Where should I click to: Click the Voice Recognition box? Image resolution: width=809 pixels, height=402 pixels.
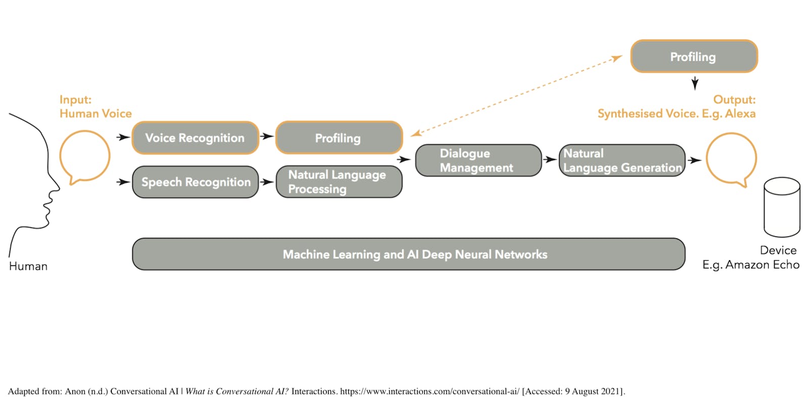point(195,138)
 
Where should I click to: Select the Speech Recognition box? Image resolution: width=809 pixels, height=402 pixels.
point(195,182)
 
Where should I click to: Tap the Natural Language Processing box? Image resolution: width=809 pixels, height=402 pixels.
point(339,182)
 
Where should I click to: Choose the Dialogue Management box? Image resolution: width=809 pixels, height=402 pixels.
point(478,160)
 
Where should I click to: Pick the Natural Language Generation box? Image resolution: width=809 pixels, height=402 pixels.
point(622,160)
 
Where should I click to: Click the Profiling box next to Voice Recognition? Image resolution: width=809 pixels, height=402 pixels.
point(339,138)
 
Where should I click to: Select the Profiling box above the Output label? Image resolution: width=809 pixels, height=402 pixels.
point(694,56)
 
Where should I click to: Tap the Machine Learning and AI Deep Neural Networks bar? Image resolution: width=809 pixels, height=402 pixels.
point(409,254)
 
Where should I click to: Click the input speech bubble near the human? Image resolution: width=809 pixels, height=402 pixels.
point(60,156)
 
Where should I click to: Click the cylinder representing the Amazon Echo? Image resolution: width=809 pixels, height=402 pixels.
point(782,207)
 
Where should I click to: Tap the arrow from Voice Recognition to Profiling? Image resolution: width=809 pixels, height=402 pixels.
point(267,136)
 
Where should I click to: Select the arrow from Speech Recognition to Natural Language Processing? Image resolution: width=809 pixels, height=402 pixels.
point(267,182)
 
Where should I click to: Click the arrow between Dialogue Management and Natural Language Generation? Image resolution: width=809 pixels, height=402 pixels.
point(550,159)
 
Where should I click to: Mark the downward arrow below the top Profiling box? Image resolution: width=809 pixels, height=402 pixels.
point(695,84)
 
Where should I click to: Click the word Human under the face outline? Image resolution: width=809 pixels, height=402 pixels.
point(28,266)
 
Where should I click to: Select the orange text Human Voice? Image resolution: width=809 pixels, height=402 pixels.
point(96,113)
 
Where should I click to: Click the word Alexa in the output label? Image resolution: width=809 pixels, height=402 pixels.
point(740,113)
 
